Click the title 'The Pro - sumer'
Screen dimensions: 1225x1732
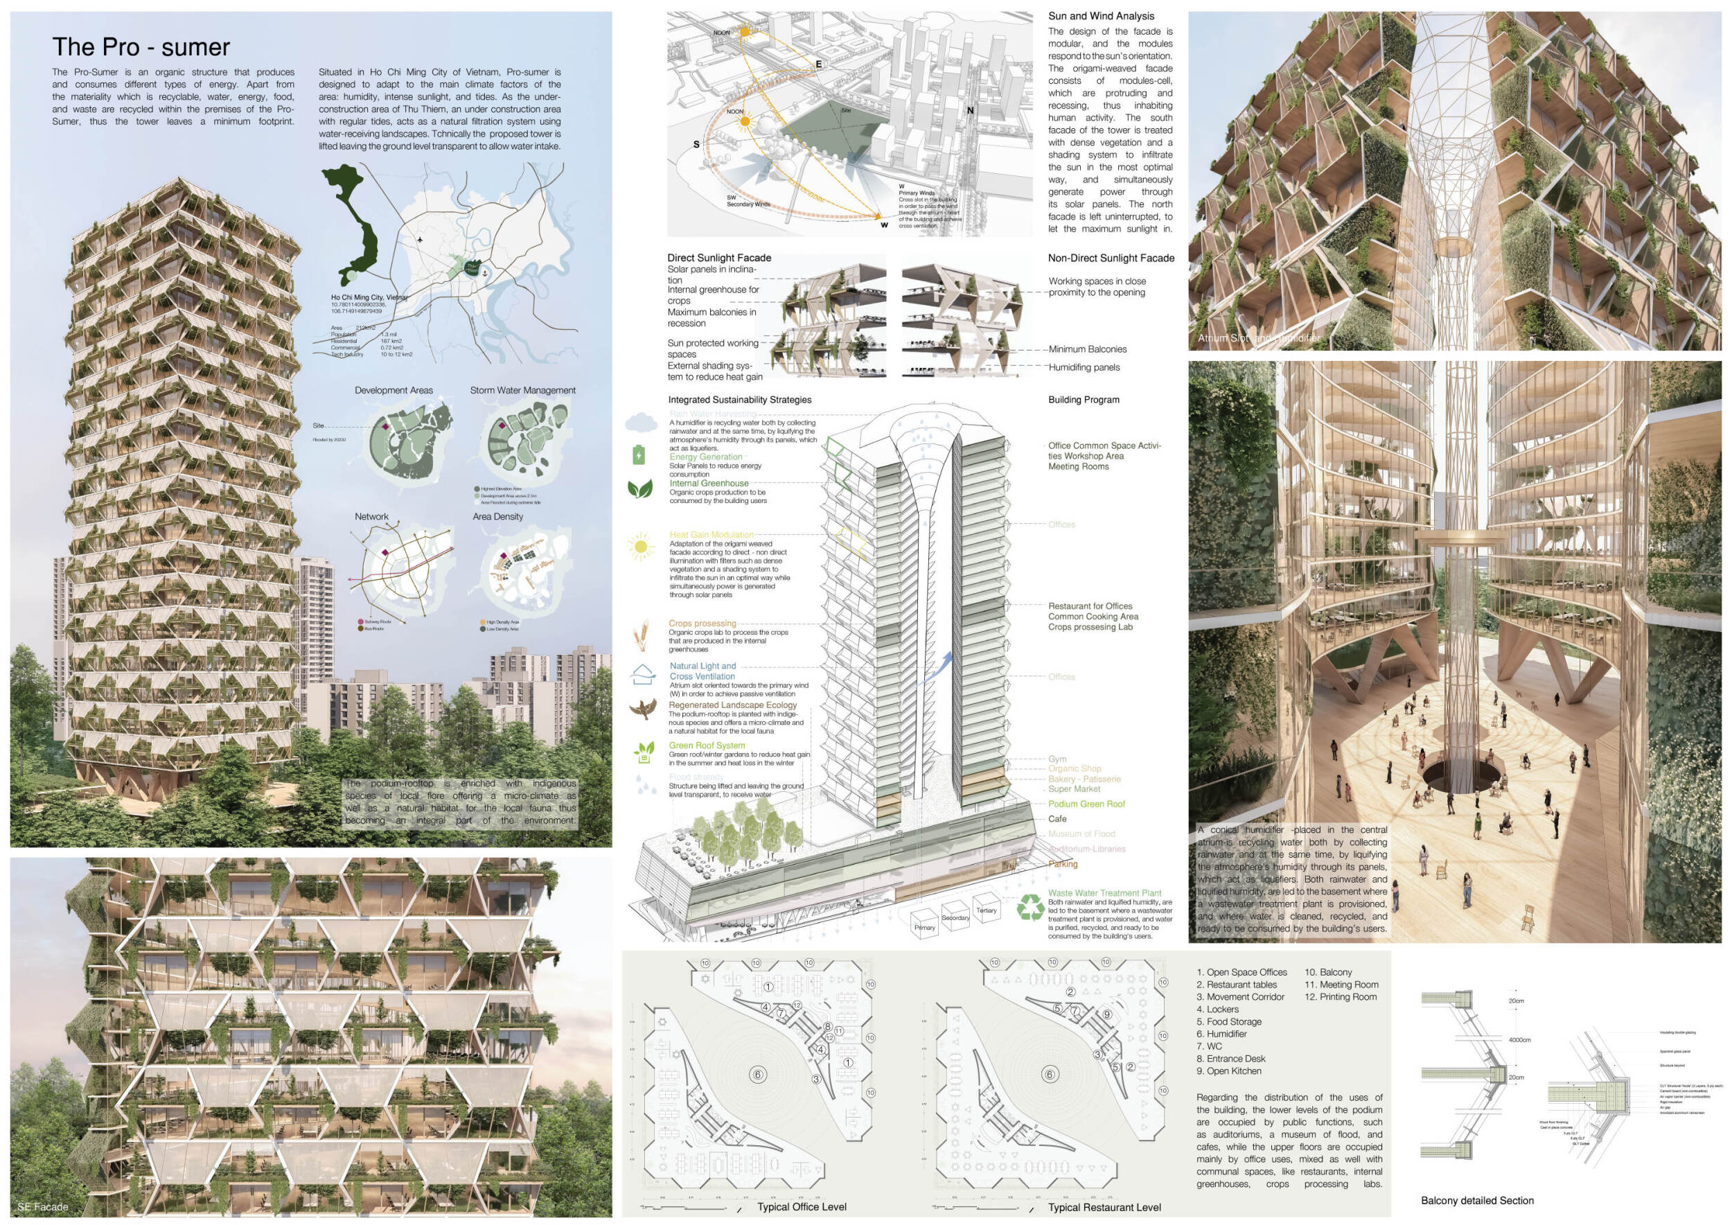coord(141,46)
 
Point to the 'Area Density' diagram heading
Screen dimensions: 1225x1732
coord(497,517)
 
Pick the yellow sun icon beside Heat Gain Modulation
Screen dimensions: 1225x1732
coord(640,545)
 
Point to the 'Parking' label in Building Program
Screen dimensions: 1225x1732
coord(1062,865)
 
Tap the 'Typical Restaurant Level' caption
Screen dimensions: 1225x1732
coord(1104,1208)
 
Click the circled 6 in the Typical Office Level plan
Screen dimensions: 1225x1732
coord(759,1074)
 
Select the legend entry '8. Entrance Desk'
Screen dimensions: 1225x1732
coord(1230,1058)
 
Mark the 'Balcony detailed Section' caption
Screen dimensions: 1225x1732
coord(1477,1200)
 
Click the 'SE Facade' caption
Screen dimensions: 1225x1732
coord(42,1207)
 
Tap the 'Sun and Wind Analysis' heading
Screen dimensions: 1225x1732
coord(1101,16)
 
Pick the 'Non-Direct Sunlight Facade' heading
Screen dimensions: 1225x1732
coord(1111,258)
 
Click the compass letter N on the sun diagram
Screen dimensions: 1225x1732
coord(970,111)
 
